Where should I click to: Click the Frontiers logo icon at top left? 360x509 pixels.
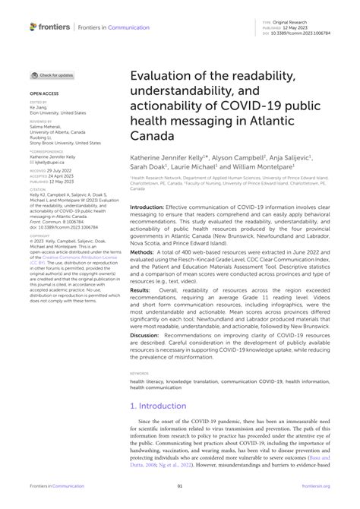coord(34,27)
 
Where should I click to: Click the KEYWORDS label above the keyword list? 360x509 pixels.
coord(139,373)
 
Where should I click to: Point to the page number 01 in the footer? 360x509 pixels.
coord(180,486)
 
